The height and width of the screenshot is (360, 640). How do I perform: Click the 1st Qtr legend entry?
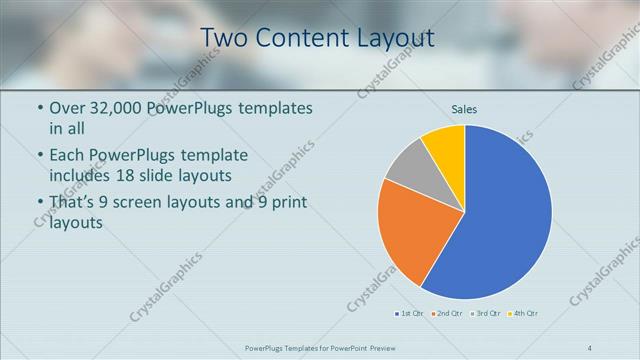[x=409, y=314]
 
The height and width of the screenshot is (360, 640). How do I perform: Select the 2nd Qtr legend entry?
[x=446, y=314]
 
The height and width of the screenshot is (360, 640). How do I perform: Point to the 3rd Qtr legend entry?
[x=485, y=314]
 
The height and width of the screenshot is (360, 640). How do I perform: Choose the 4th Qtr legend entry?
[x=523, y=314]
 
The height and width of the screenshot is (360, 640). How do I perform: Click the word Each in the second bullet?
[x=68, y=155]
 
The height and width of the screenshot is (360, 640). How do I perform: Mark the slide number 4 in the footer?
[x=589, y=348]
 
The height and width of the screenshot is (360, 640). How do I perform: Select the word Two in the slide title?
[x=223, y=38]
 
